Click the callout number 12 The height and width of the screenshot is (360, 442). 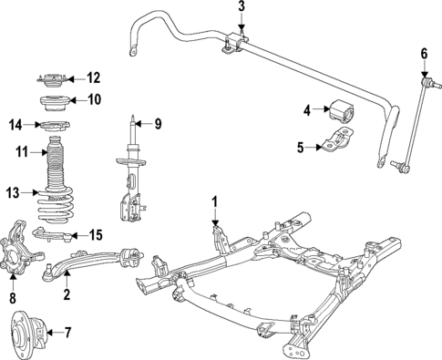pyautogui.click(x=93, y=77)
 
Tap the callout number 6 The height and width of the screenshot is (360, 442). pyautogui.click(x=423, y=53)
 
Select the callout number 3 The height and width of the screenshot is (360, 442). pyautogui.click(x=242, y=8)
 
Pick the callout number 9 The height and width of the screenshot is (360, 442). pyautogui.click(x=157, y=123)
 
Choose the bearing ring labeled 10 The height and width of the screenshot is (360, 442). pyautogui.click(x=51, y=100)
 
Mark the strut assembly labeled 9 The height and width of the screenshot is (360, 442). pyautogui.click(x=131, y=173)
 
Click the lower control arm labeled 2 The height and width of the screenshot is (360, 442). pyautogui.click(x=91, y=264)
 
